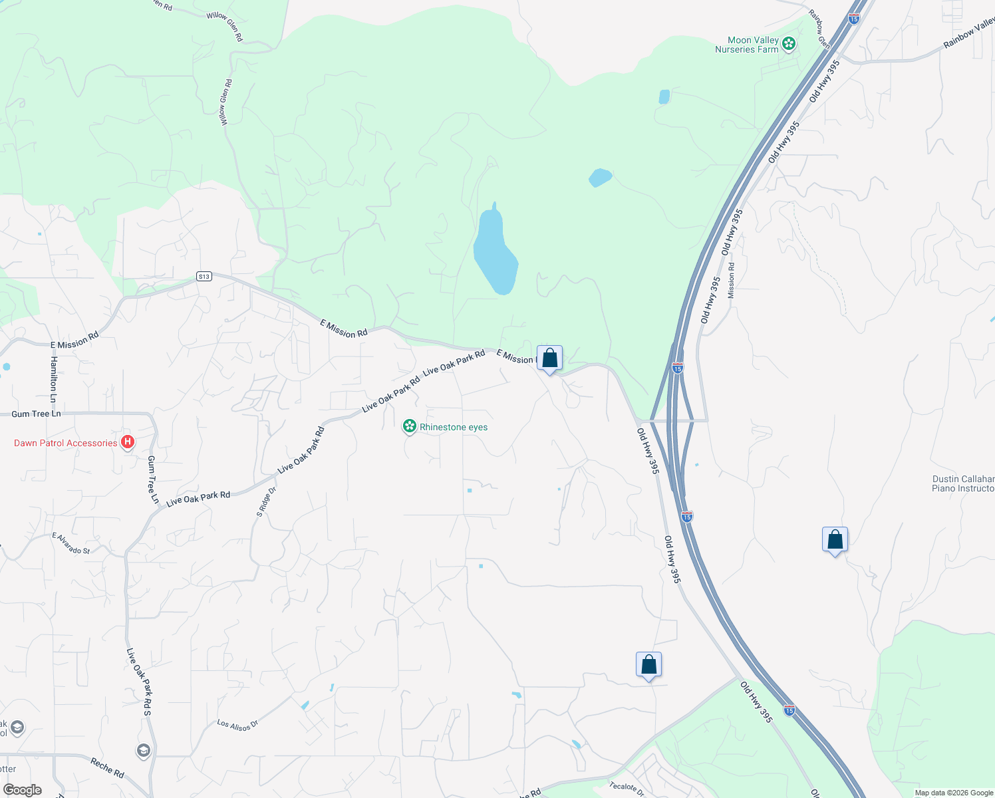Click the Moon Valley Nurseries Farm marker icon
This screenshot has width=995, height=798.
click(x=789, y=45)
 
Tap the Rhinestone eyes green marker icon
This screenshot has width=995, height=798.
click(x=410, y=426)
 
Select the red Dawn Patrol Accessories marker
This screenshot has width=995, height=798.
click(x=128, y=442)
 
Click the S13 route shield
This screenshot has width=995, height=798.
click(x=204, y=277)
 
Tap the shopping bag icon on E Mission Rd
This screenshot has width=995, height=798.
click(x=549, y=358)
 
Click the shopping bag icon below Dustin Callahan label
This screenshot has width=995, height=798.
click(x=835, y=540)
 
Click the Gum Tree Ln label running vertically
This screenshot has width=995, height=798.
click(x=154, y=479)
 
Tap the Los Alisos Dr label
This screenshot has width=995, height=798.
click(x=237, y=725)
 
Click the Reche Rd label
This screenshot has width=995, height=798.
click(x=107, y=769)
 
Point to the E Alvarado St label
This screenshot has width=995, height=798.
click(x=71, y=543)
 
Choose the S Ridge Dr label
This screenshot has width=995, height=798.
click(x=266, y=502)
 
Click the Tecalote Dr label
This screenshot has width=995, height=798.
click(x=627, y=789)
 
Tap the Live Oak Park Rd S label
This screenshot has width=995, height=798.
click(x=139, y=682)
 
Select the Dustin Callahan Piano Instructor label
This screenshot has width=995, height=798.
click(x=963, y=483)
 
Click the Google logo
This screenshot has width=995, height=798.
click(x=22, y=790)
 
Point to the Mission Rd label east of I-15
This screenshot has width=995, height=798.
click(x=731, y=280)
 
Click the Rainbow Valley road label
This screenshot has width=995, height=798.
click(x=970, y=34)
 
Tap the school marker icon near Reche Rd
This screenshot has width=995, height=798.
click(x=143, y=751)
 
